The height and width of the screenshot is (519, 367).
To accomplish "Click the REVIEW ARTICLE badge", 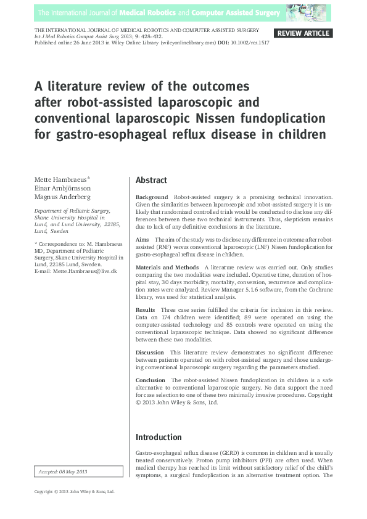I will pos(303,33).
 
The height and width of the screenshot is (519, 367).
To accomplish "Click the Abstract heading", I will pos(151,181).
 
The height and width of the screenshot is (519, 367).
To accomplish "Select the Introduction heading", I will pos(159,437).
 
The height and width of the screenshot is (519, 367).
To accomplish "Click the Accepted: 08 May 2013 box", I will pos(64,472).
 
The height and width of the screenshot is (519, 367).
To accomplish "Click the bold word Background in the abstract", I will pos(152,197).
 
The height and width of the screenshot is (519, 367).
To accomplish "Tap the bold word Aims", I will pos(142,239).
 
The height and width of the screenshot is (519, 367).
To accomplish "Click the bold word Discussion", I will pos(150,353).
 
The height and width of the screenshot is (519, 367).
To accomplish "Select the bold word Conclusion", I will pos(151,380).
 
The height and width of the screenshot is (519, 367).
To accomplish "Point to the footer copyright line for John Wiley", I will pos(74,492).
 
